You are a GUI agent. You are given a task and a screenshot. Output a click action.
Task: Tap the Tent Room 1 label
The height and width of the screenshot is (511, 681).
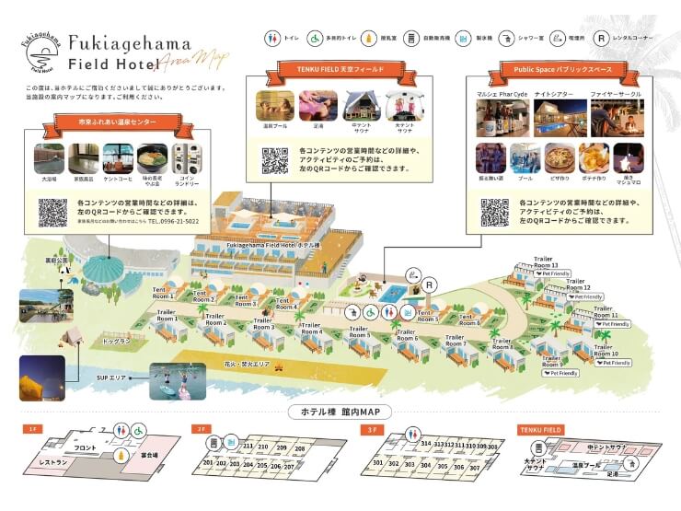click(163, 293)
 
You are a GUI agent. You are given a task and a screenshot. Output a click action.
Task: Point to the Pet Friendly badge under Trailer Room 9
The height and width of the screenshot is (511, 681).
click(560, 373)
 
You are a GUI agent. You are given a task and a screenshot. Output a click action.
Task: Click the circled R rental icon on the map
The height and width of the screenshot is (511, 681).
click(430, 286)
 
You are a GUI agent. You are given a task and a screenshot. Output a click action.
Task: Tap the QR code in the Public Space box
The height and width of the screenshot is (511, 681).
click(495, 211)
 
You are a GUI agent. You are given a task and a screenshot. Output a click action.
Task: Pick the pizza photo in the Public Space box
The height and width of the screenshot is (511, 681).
click(559, 157)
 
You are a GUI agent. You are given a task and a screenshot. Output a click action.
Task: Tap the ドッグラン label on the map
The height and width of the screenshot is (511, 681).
click(117, 341)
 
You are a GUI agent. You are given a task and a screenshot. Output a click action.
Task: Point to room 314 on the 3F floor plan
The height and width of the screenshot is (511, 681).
click(426, 444)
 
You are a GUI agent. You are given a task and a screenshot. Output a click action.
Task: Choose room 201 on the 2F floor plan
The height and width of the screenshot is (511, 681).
click(208, 463)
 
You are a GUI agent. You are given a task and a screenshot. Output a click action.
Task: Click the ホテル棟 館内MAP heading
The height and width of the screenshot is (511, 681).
click(340, 411)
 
